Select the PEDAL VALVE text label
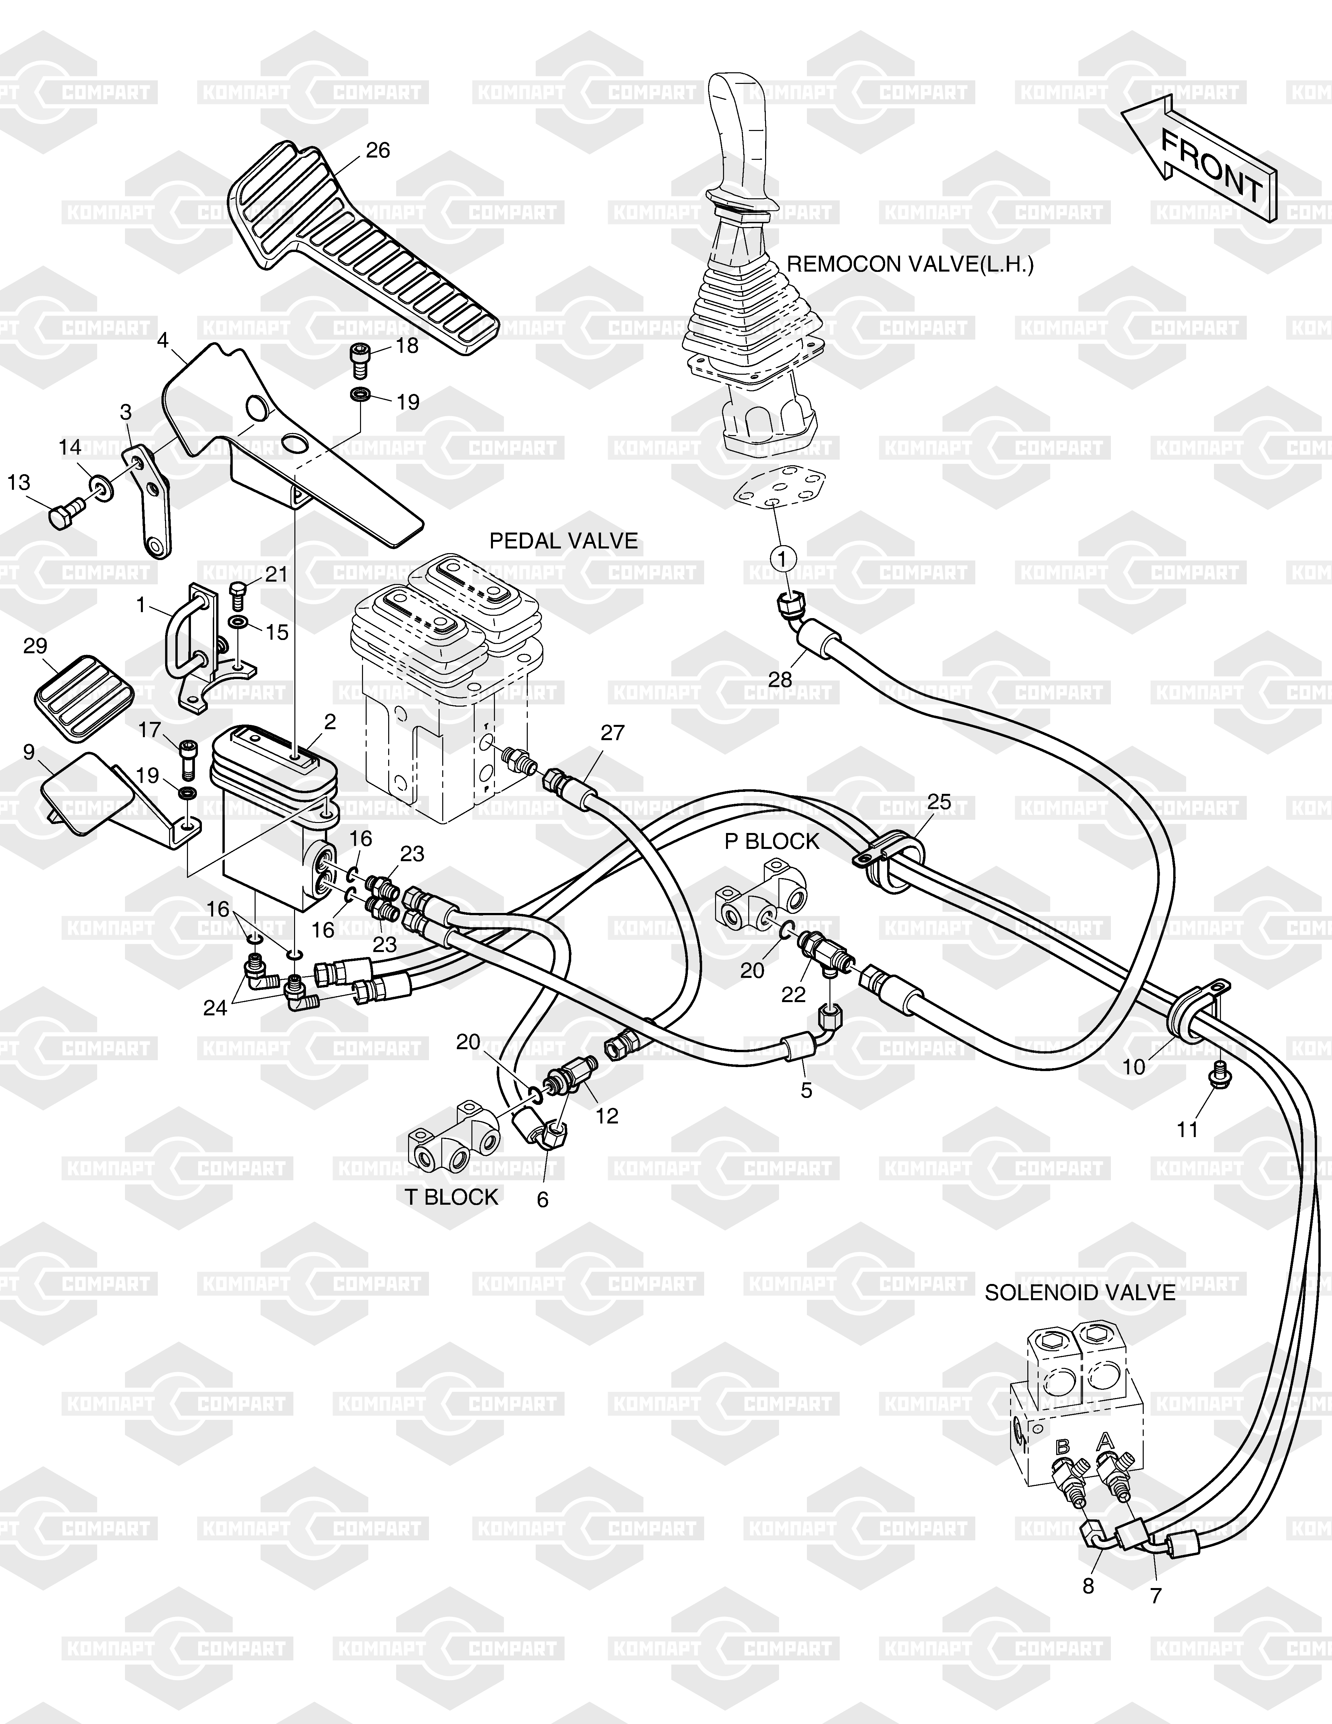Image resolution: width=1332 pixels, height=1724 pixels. tap(564, 541)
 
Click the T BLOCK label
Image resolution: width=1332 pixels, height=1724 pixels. tap(452, 1197)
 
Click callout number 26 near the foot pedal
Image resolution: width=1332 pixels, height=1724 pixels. tap(378, 150)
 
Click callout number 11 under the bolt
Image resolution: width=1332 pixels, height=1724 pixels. tap(1187, 1129)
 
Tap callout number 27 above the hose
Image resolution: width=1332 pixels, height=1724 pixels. tap(612, 733)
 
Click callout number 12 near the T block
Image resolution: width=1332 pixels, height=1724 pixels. tap(607, 1116)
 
